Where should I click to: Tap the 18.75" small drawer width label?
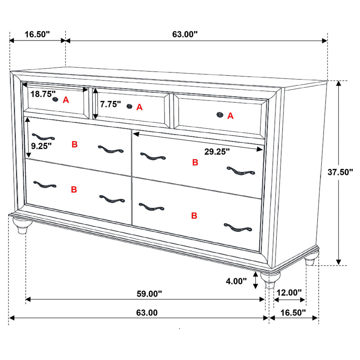coord(43,94)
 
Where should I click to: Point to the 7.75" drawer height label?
coord(111,104)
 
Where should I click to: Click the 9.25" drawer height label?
coord(41,145)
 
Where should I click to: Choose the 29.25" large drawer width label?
coord(217,152)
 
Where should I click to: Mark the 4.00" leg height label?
coord(237,282)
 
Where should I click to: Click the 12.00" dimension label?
coord(289,292)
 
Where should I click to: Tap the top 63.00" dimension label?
coord(185,34)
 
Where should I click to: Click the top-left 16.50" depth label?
coord(37,34)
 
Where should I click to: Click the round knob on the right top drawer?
coord(220,115)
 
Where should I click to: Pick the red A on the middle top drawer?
coord(139,107)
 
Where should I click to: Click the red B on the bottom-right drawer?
coord(194,216)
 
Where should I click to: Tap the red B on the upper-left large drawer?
coord(75,144)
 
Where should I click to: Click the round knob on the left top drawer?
coord(56,99)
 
